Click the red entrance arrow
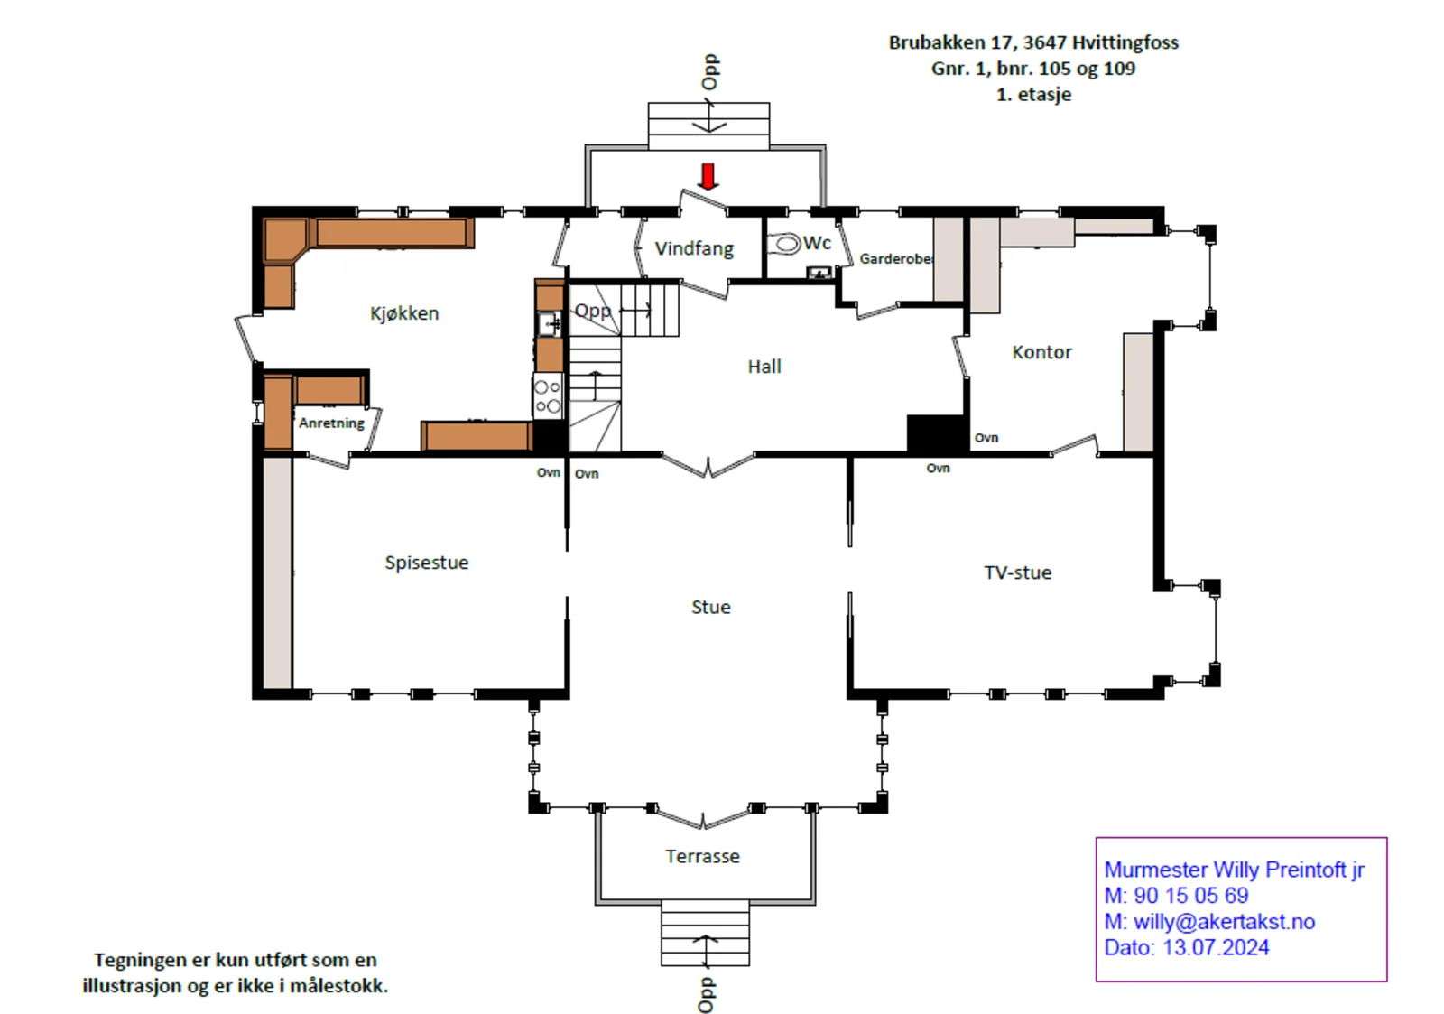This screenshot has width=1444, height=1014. tap(708, 177)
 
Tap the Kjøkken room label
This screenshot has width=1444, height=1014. tap(404, 313)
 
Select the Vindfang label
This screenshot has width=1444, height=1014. tap(694, 249)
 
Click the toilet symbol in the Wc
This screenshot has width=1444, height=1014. tap(784, 245)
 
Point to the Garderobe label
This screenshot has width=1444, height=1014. tap(896, 258)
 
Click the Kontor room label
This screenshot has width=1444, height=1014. tap(1041, 352)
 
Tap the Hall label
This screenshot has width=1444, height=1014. tap(764, 367)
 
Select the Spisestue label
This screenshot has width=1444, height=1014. tap(427, 563)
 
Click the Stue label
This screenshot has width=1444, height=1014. tap(711, 607)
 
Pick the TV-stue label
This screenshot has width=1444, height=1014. tap(1018, 572)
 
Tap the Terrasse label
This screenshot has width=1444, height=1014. tap(703, 857)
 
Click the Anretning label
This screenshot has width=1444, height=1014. tap(331, 423)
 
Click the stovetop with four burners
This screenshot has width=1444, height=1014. tap(548, 396)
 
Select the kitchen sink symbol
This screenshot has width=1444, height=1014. tap(550, 323)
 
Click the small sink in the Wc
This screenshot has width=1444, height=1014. tap(819, 273)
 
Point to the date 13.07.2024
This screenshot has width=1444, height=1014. tap(1215, 947)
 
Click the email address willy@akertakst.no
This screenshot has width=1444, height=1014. tap(1224, 922)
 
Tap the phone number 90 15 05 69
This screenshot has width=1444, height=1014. tap(1190, 896)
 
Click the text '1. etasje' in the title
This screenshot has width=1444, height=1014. tap(1034, 94)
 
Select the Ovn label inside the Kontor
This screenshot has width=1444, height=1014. tap(986, 438)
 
